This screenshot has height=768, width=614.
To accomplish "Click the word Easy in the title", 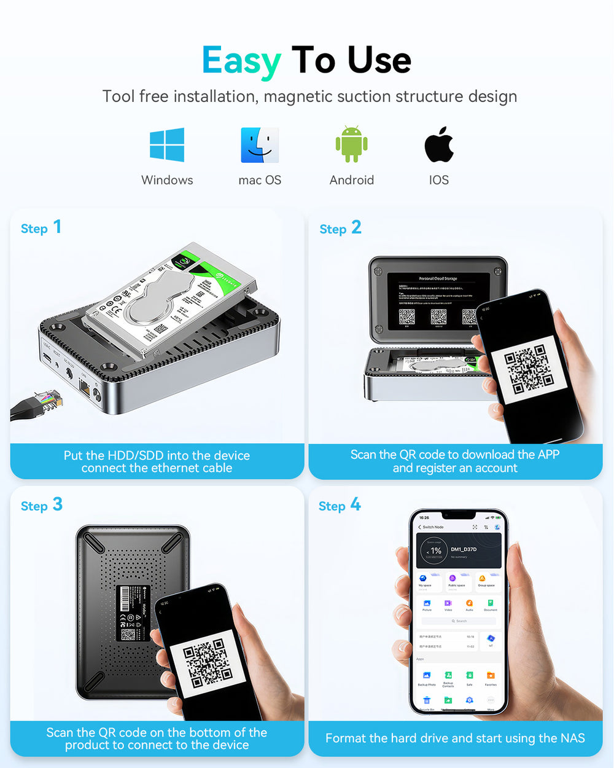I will pos(241,61).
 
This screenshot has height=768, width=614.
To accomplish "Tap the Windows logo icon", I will pos(167,145).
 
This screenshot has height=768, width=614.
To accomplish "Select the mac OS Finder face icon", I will pos(260,145).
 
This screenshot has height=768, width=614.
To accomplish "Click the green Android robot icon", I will pos(351,144).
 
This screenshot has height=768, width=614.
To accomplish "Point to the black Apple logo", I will pos(439,145).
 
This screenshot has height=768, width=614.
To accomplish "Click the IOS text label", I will pos(439,180).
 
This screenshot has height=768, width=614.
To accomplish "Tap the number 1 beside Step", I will pos(57,227).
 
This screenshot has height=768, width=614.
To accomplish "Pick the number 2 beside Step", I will pos(356,227).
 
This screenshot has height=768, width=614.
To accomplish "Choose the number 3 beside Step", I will pos(57,504).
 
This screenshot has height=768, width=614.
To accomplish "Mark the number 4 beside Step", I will pos(356,505).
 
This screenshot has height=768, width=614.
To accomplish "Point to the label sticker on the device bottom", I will pos(133,613).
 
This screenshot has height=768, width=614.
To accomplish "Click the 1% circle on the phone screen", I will pos(435,551).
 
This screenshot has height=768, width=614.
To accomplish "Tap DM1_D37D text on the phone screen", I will pos(464,549).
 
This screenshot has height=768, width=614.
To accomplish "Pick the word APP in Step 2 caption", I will pos(548,455).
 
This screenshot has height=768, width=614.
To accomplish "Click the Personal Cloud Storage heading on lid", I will pos(438,278).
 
